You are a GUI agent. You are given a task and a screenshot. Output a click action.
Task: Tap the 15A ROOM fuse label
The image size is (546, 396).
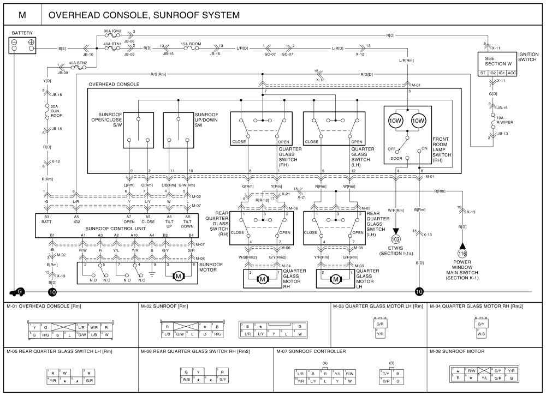point(192,43)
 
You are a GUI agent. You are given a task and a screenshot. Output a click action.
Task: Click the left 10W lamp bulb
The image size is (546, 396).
point(396,120)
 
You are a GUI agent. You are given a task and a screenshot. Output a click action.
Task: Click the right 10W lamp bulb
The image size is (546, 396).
point(419,120)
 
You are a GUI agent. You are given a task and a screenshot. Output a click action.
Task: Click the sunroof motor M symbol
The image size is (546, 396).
point(178,276)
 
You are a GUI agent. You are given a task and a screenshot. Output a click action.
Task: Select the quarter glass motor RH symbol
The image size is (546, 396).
point(262,279)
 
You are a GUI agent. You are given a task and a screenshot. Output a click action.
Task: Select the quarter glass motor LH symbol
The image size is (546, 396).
point(336,279)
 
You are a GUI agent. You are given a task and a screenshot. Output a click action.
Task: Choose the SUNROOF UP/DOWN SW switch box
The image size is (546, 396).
point(179,130)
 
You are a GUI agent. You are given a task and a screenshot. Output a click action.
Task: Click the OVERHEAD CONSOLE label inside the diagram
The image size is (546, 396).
point(113,85)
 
